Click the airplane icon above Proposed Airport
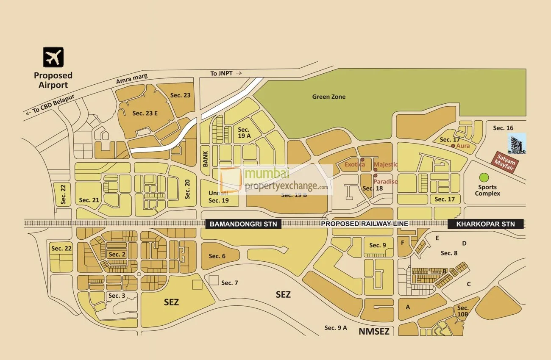click(53, 57)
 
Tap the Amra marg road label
click(132, 78)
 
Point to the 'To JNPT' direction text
click(226, 73)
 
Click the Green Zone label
click(328, 97)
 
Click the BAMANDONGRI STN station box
click(243, 224)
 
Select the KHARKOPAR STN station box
click(486, 224)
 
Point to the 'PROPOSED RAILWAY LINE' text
click(364, 224)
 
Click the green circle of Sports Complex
click(484, 177)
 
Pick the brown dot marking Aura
click(453, 146)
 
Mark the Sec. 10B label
click(463, 311)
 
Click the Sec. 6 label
click(217, 256)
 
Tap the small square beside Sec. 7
click(214, 280)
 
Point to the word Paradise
click(385, 181)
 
